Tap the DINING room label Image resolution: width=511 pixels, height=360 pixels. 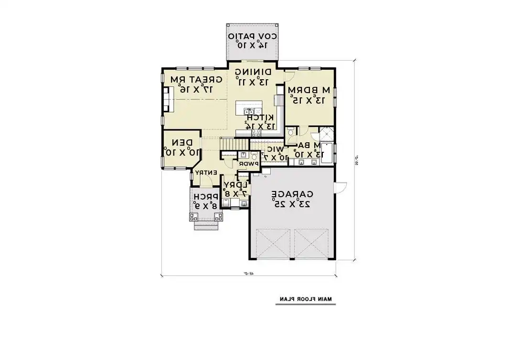[253, 72]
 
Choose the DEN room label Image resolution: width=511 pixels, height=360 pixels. [182, 142]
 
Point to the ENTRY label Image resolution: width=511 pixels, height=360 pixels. [206, 172]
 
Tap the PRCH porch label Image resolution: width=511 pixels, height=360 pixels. [206, 196]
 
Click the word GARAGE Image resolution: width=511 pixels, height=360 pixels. [292, 194]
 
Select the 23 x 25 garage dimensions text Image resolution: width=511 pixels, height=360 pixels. [292, 204]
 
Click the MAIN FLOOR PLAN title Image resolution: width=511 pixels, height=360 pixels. [306, 299]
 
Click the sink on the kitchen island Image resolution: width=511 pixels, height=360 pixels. [249, 111]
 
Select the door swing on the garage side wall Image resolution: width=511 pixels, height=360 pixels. [340, 187]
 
